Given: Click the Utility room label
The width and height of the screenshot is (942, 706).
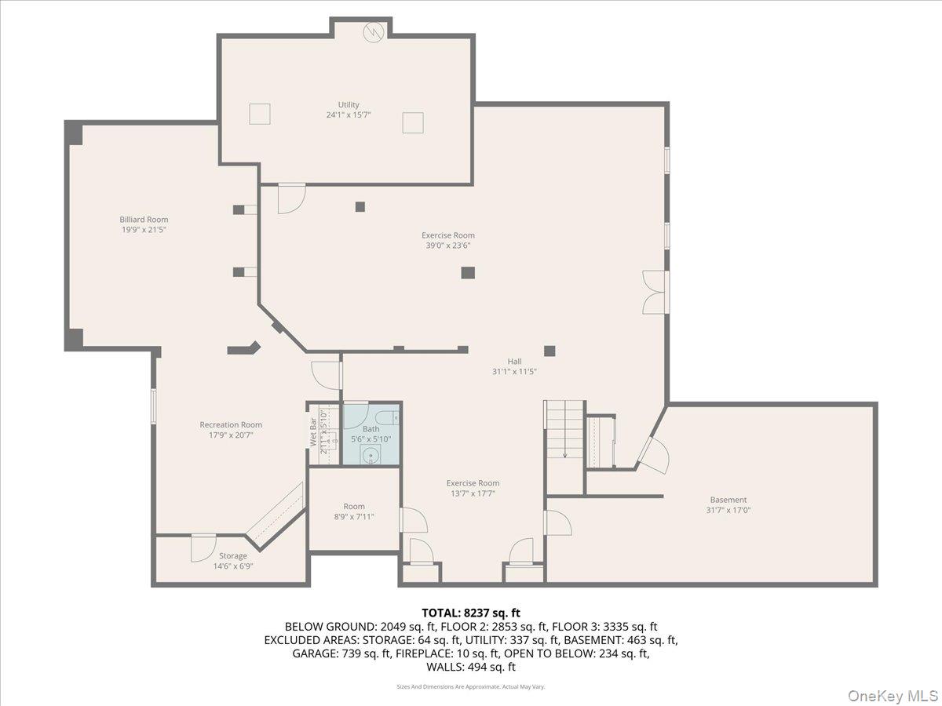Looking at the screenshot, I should tap(349, 104).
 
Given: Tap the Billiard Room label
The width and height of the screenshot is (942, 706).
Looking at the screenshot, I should tap(144, 220).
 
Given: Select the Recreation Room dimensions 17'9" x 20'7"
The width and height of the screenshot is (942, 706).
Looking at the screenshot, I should tap(231, 435).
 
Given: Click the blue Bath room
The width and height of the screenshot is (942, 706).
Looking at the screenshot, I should tap(371, 435).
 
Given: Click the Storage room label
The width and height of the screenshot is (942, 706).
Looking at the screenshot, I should tap(232, 556).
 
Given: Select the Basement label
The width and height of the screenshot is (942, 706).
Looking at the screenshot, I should tap(728, 500).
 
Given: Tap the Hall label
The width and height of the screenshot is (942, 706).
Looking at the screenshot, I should tap(514, 362).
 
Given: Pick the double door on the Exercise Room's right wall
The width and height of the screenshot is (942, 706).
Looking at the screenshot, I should tap(655, 293).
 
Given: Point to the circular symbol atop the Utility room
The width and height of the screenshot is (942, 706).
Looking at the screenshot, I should tap(374, 31).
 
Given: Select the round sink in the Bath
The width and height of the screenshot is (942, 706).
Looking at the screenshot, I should tap(371, 456).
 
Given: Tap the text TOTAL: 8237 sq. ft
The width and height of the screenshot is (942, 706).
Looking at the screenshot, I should tap(471, 613).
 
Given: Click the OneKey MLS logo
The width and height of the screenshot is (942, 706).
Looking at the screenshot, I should tap(895, 695).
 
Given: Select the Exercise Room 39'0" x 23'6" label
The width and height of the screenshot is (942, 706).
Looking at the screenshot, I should tap(448, 240).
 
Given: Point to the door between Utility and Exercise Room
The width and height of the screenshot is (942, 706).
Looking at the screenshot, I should tap(291, 198).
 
